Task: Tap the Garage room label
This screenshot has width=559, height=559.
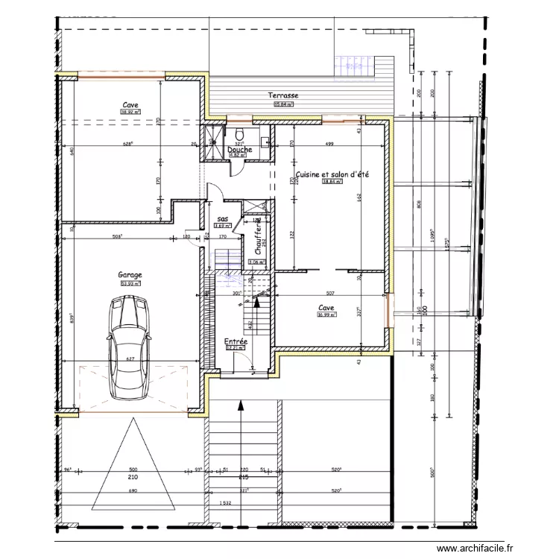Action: pos(130,275)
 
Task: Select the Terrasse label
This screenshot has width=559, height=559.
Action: pos(283,95)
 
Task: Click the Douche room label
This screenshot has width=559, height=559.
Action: pos(240,149)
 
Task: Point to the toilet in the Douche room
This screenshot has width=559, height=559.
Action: pos(265,139)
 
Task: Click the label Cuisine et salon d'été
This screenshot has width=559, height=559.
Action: pos(332,174)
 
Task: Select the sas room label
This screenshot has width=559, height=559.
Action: pos(222,218)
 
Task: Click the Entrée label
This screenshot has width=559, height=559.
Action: pos(236,341)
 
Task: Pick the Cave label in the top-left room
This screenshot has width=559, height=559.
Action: pos(131,105)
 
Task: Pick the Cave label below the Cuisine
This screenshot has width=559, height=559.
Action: pos(326,307)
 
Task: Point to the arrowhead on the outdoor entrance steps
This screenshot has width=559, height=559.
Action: pos(241,406)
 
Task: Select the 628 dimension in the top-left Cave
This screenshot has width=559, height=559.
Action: pos(127,144)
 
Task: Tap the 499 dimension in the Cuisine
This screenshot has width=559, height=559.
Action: pos(329,144)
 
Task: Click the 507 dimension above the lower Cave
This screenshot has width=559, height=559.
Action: pos(330,293)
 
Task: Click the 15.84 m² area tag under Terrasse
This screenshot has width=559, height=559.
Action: pos(283,104)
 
